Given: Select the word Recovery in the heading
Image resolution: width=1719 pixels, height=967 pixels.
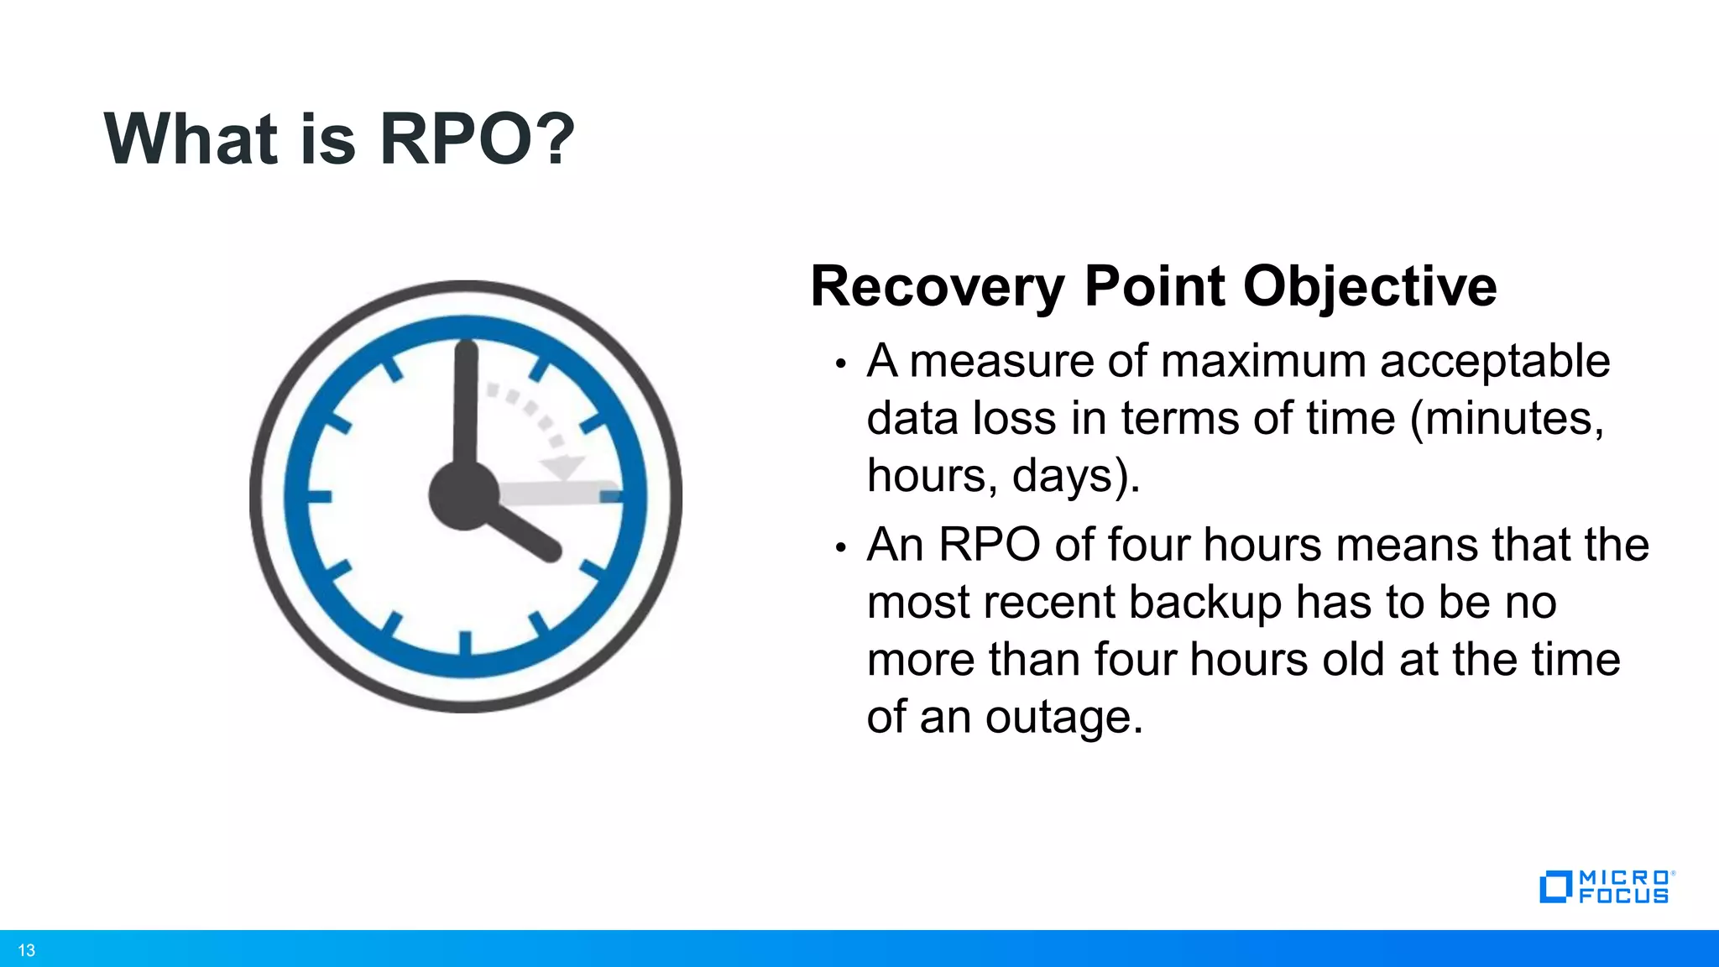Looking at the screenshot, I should tap(937, 287).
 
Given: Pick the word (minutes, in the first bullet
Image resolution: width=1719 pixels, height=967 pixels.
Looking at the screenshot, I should tap(1507, 418).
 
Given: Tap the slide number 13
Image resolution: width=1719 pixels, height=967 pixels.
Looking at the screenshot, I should tap(26, 950).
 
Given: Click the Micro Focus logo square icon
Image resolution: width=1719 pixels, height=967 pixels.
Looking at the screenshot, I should tap(1554, 887).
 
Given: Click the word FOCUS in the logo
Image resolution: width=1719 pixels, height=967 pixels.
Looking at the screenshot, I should tap(1623, 896).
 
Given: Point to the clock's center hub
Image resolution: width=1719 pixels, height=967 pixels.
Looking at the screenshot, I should tap(464, 495).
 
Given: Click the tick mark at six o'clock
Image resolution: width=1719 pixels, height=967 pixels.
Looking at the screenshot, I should tap(465, 642).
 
